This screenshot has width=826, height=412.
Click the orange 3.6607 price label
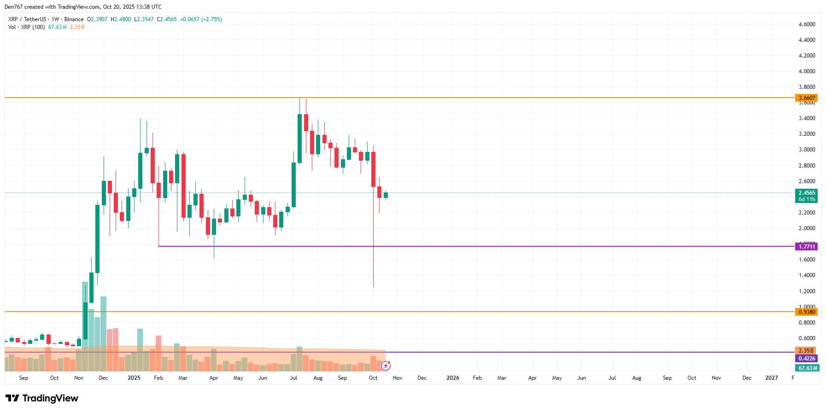806,98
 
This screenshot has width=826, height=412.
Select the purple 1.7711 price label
806,247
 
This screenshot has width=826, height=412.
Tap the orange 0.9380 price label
806,312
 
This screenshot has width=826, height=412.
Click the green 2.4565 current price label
806,193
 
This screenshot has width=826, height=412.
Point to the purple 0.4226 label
806,359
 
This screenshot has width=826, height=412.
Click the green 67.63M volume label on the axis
807,368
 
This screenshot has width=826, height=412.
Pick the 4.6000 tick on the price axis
807,24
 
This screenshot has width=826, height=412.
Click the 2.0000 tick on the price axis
807,228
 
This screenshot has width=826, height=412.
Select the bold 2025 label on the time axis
134,378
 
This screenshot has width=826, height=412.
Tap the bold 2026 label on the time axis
453,378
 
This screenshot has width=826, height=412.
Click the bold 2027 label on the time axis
771,378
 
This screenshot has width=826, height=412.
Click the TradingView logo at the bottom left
42,398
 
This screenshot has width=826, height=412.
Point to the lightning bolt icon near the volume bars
386,366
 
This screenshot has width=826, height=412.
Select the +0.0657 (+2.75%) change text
201,19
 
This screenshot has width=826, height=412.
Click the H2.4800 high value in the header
121,19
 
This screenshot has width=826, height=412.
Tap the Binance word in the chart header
74,19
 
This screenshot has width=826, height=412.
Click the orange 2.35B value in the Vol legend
77,27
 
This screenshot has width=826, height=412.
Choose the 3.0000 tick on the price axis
807,150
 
